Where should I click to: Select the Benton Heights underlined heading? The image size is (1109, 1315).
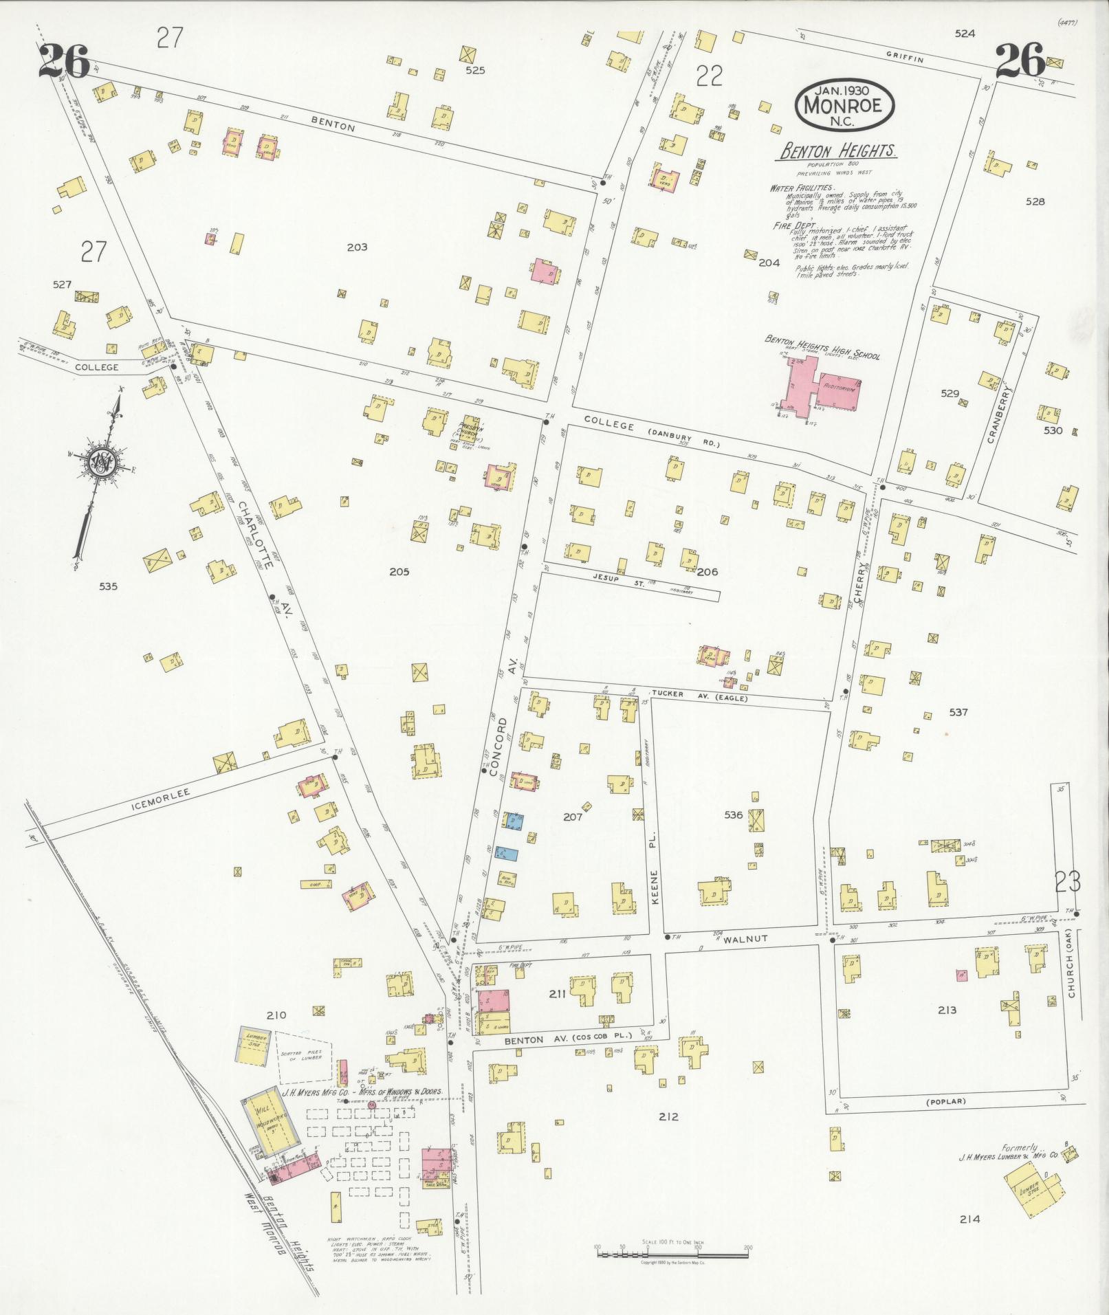tap(837, 152)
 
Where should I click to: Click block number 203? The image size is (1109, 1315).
tap(357, 247)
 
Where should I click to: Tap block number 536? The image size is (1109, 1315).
tap(734, 815)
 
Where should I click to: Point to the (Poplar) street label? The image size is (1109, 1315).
tap(945, 1101)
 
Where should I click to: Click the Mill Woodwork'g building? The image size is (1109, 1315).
tap(270, 1128)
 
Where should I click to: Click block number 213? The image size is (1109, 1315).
tap(946, 1010)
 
